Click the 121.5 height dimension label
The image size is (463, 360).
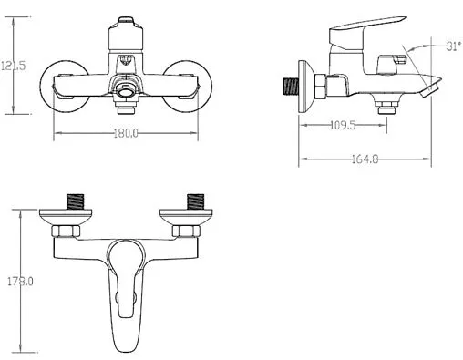13,66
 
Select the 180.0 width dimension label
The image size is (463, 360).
126,133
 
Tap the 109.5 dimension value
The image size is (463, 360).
343,125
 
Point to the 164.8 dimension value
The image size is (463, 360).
365,159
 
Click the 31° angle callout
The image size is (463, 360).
454,46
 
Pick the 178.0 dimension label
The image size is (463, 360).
20,282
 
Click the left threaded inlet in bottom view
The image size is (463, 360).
75,201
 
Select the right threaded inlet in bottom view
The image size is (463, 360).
195,201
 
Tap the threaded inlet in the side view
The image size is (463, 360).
291,87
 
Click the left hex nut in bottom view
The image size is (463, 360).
66,231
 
